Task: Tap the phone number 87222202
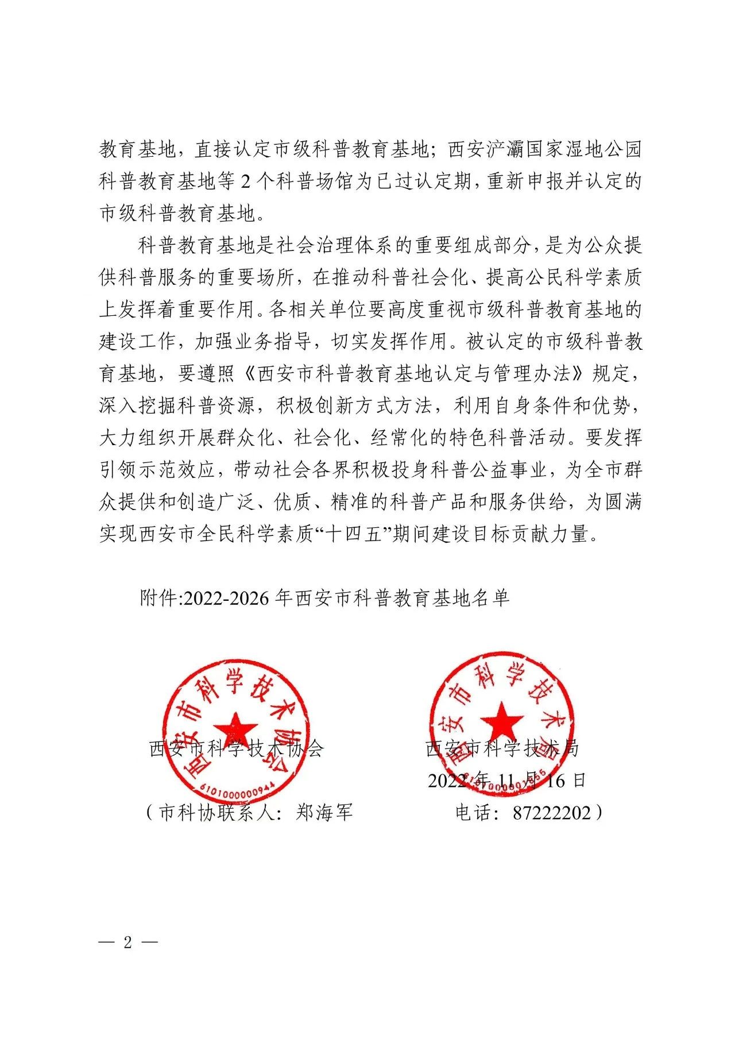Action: pos(551,813)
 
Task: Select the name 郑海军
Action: pos(324,813)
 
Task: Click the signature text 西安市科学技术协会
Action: pos(237,749)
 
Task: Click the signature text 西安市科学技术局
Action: pos(502,748)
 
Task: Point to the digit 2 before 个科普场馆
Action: pos(245,182)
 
